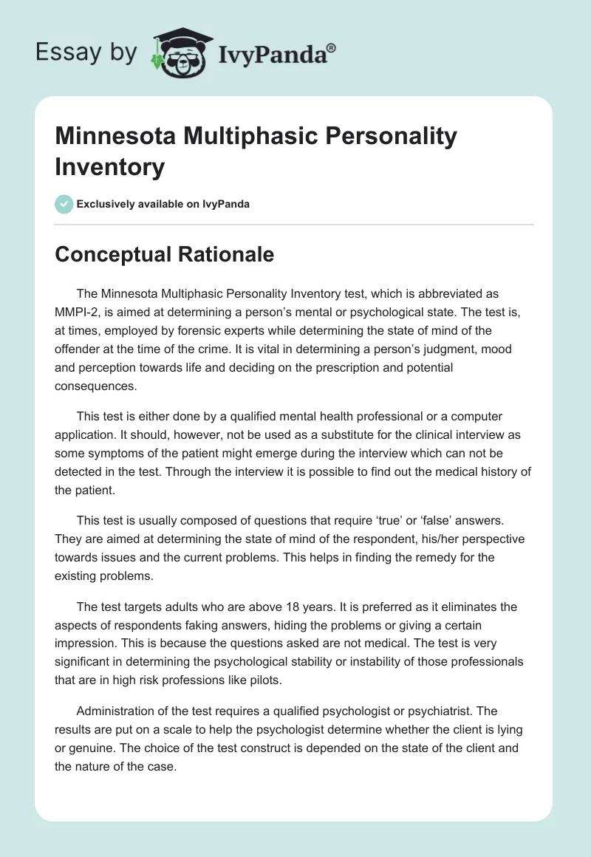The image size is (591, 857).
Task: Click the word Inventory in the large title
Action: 110,168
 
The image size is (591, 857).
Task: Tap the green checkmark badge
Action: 64,204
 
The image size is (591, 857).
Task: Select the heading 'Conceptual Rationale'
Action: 164,254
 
